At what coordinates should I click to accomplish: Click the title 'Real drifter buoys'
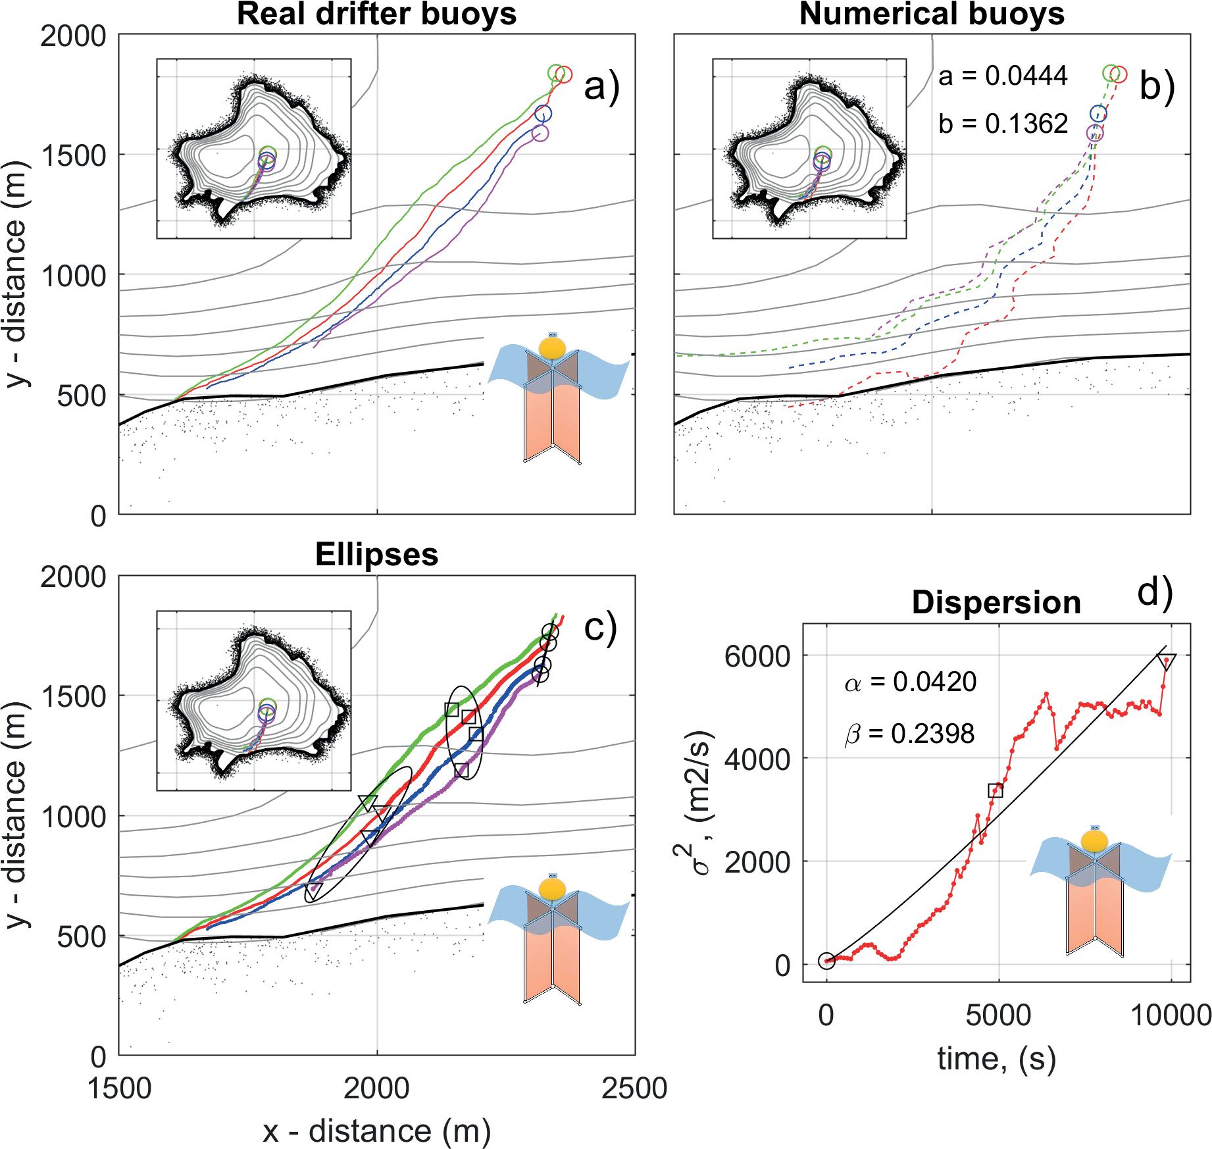coord(376,14)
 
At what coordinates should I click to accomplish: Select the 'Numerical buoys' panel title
coord(932,14)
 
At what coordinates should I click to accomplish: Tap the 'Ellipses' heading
coord(376,555)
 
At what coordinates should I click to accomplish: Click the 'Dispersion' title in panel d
coord(996,603)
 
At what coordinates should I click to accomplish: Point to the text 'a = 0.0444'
coord(1003,77)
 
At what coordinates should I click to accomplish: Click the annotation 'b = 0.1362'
coord(1003,123)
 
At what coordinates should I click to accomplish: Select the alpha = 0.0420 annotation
coord(911,682)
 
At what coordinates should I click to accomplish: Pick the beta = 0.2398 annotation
coord(909,733)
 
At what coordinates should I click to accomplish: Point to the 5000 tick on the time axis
coord(999,1015)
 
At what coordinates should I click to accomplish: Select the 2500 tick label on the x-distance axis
coord(634,1089)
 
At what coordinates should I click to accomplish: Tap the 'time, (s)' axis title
coord(996,1058)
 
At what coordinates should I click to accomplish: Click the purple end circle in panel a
coord(540,133)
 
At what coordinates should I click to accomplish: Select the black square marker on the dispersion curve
coord(996,790)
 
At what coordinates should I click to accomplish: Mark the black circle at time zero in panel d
coord(826,961)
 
